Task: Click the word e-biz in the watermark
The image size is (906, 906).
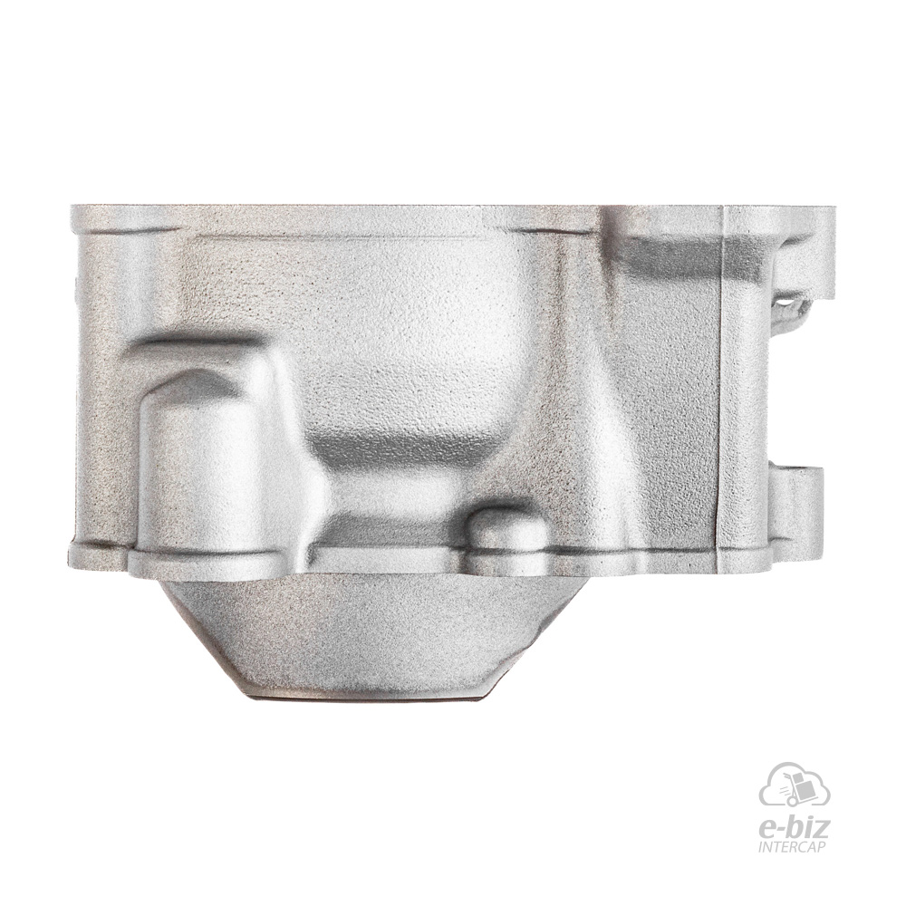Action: pyautogui.click(x=795, y=831)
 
